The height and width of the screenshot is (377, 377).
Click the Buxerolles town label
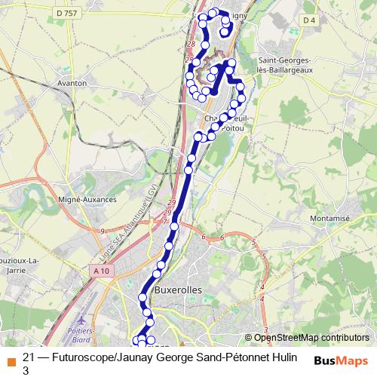[178, 290]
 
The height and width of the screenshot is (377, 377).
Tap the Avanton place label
[72, 83]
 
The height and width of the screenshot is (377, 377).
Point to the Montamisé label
[331, 219]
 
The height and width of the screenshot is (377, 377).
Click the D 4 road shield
[308, 19]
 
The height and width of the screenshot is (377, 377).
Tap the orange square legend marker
[10, 358]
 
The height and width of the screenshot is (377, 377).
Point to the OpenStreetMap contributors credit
[311, 338]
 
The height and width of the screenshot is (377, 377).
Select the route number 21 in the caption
[29, 357]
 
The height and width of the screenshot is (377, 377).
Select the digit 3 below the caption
[26, 370]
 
